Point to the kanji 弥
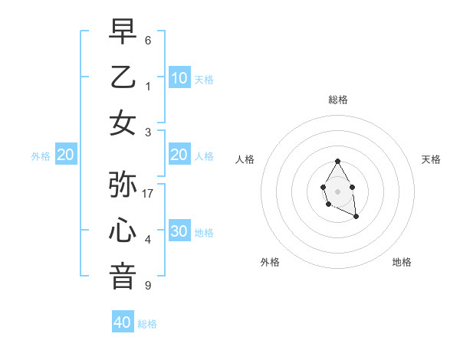coord(123,185)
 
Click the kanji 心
coord(123,231)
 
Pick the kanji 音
coord(123,277)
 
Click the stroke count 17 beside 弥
coord(149,193)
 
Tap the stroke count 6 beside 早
coord(148,40)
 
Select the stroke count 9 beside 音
coord(148,286)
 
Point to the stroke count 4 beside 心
coord(148,240)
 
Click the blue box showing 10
coord(179,78)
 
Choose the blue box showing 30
coord(179,232)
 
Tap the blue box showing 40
coord(123,322)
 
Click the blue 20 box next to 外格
coord(65,155)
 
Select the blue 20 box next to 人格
coord(179,155)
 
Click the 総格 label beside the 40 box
coord(147,324)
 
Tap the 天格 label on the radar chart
coord(431,159)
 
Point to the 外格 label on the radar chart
coord(270,262)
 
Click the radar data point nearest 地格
coord(356,218)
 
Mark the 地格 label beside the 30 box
coord(204,233)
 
